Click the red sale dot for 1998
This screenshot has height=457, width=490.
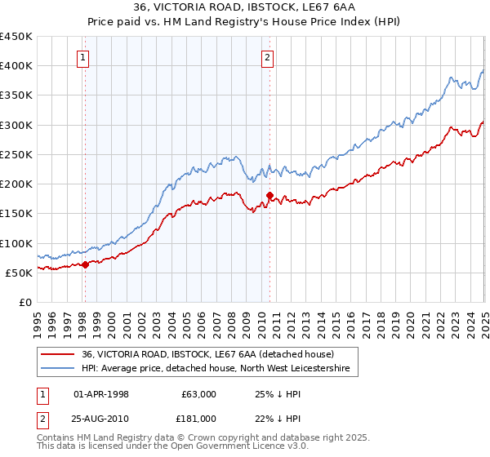coord(85,264)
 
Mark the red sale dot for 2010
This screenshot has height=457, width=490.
coord(269,195)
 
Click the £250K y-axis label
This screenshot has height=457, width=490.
coord(16,154)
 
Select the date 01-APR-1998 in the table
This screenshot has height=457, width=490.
coord(101,394)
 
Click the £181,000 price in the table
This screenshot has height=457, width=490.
coord(198,419)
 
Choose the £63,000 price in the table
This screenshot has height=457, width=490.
coord(198,394)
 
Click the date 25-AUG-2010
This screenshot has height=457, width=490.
coord(101,419)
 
